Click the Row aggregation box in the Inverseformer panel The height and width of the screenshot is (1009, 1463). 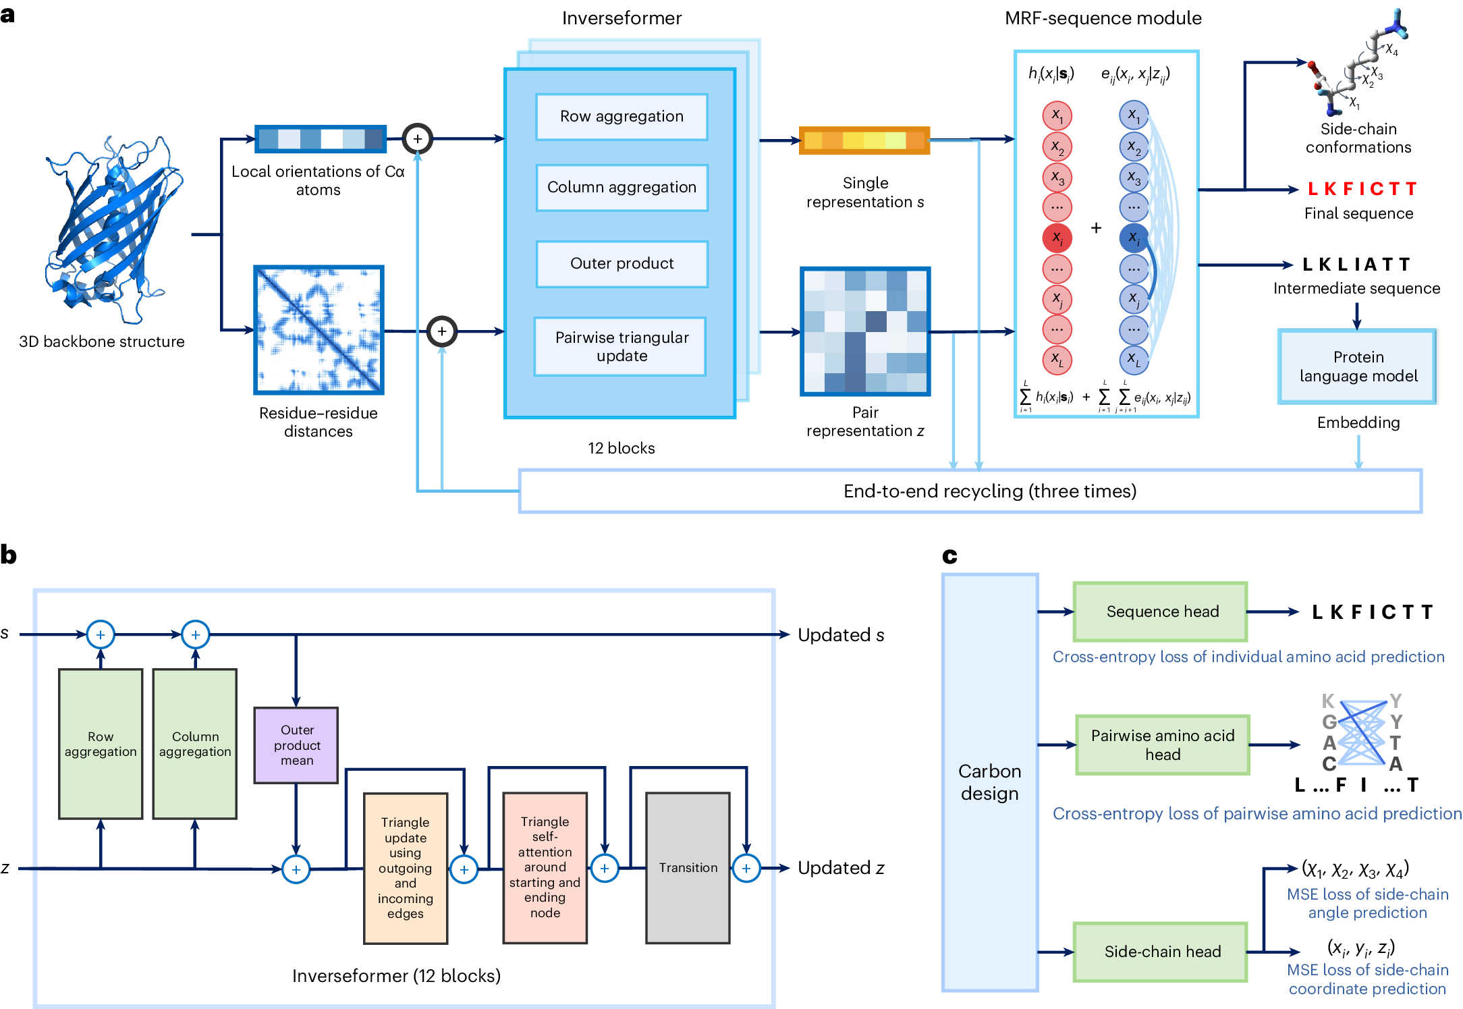(x=622, y=117)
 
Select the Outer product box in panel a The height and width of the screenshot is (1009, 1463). (x=622, y=264)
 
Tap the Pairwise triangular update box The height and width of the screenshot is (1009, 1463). (x=622, y=346)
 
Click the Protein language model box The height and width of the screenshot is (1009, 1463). (x=1358, y=366)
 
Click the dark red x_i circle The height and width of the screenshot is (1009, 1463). (x=1057, y=238)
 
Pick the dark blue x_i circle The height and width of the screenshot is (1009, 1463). (x=1134, y=238)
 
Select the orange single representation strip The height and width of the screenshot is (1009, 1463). (x=864, y=140)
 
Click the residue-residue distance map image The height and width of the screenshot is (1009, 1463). (x=319, y=330)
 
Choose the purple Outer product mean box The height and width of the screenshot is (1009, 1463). (x=296, y=745)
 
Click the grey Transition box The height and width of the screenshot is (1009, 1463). (x=688, y=867)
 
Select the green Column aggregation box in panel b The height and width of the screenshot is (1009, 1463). (x=195, y=744)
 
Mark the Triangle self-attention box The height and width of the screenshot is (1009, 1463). (x=545, y=867)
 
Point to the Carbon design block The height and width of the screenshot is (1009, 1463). (x=989, y=782)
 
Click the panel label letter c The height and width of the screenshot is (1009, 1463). (x=949, y=555)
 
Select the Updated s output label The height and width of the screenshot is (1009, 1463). (x=841, y=635)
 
